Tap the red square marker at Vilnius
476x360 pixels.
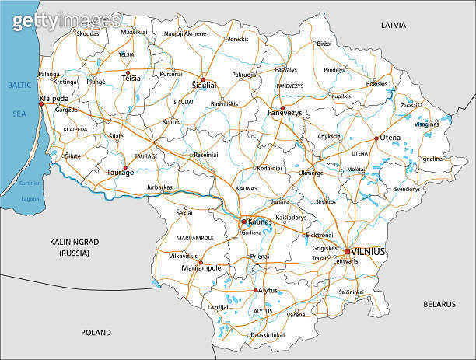click(348, 251)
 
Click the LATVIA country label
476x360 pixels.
click(393, 25)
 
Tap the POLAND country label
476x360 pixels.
click(96, 332)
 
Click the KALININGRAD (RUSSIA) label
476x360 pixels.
click(69, 248)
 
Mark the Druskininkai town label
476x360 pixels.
click(266, 335)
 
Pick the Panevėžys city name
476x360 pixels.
click(285, 114)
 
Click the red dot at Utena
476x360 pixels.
click(376, 138)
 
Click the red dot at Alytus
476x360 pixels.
click(256, 290)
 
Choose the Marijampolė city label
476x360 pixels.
click(201, 267)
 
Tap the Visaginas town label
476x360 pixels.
click(427, 124)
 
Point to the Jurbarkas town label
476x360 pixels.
click(159, 187)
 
